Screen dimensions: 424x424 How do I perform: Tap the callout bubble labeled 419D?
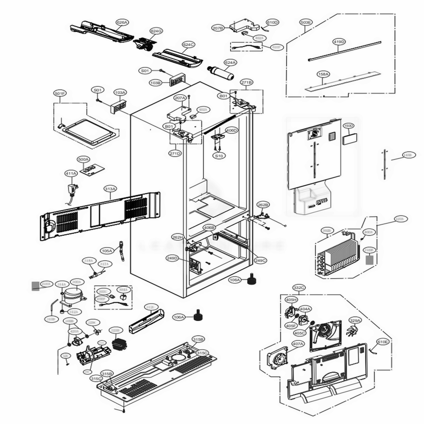(x=339, y=42)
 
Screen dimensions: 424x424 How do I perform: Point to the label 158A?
(x=323, y=74)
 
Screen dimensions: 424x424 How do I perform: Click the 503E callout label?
(x=305, y=22)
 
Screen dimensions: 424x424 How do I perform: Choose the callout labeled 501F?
(x=60, y=93)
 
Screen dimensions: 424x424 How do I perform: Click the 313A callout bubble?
(x=110, y=188)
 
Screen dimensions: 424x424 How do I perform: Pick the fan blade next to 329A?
(x=353, y=332)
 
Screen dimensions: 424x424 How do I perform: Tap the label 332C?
(x=298, y=288)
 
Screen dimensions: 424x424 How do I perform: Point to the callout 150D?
(x=348, y=126)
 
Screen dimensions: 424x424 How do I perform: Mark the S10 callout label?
(x=219, y=156)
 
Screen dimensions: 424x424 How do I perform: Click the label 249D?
(x=173, y=258)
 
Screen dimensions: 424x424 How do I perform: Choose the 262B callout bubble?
(x=263, y=205)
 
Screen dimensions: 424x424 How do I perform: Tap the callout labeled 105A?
(x=107, y=251)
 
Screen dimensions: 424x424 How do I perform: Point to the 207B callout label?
(x=218, y=28)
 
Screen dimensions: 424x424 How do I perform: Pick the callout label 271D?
(x=175, y=153)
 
